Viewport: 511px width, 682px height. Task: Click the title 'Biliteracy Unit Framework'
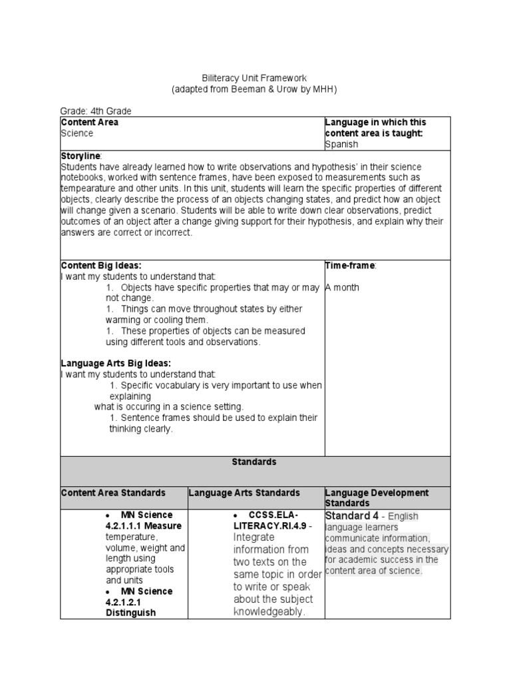point(255,79)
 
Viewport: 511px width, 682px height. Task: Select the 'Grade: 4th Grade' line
point(96,111)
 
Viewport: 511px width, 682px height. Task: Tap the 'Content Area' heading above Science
point(90,123)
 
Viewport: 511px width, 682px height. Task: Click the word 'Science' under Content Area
point(77,133)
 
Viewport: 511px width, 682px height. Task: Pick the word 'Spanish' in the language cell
point(341,144)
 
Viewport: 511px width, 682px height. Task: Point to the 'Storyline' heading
point(79,155)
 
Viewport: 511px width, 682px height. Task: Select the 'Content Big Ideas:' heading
point(100,265)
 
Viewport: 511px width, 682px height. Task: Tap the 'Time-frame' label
point(350,265)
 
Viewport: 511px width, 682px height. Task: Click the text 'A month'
point(343,287)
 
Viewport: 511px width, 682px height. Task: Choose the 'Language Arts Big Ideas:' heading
point(116,364)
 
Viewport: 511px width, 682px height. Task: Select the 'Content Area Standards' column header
point(113,493)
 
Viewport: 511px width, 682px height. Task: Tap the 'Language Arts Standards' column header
point(245,493)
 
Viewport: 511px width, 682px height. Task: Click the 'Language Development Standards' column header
point(377,498)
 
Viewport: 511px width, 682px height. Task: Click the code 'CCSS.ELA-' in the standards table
point(273,515)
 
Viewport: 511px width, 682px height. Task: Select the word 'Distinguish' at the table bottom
point(130,613)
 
